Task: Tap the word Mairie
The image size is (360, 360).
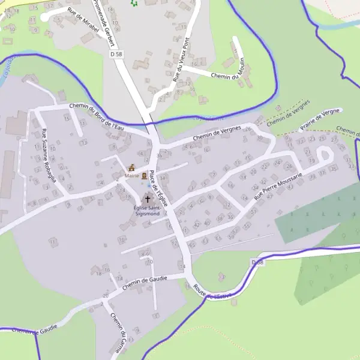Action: pos(131,176)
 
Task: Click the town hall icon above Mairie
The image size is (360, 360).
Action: pos(132,167)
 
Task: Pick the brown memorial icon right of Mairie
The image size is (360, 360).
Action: pos(145,175)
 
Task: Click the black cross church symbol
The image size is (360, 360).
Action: pos(148,198)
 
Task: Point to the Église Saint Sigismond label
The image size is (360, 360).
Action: pos(147,211)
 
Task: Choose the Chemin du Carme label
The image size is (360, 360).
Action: pos(119,329)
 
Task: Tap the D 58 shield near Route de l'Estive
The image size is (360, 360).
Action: pos(257,263)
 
